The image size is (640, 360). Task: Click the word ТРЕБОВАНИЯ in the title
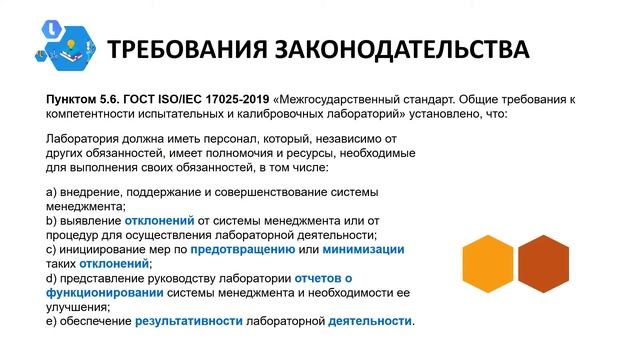187,50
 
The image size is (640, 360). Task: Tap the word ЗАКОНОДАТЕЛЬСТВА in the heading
402,50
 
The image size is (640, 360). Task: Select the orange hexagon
488,264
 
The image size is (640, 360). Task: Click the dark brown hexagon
543,264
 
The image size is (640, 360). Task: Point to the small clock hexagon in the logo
52,29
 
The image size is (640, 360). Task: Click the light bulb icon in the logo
71,44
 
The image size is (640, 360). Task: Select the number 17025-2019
237,100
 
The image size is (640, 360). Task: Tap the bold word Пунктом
71,100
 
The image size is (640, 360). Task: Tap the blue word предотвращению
243,250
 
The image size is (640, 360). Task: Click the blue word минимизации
363,250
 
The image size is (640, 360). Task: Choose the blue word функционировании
105,293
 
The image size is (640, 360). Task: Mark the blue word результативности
189,322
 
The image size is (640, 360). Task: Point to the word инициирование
102,250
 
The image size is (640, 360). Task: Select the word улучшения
78,307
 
